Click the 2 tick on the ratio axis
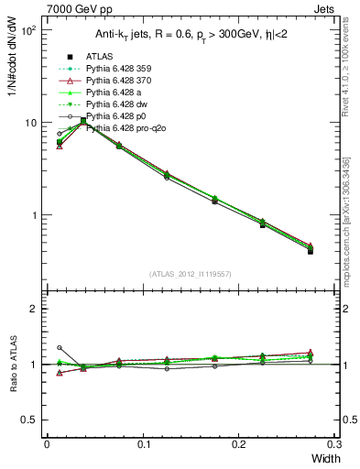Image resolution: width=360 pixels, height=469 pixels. (x=33, y=309)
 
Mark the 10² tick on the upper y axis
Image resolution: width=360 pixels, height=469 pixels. (x=28, y=30)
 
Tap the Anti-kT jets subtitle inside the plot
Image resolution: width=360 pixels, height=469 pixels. (x=190, y=36)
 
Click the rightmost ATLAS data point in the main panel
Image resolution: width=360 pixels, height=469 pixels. (x=310, y=250)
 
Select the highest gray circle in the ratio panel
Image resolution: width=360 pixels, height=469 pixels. (x=60, y=348)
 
